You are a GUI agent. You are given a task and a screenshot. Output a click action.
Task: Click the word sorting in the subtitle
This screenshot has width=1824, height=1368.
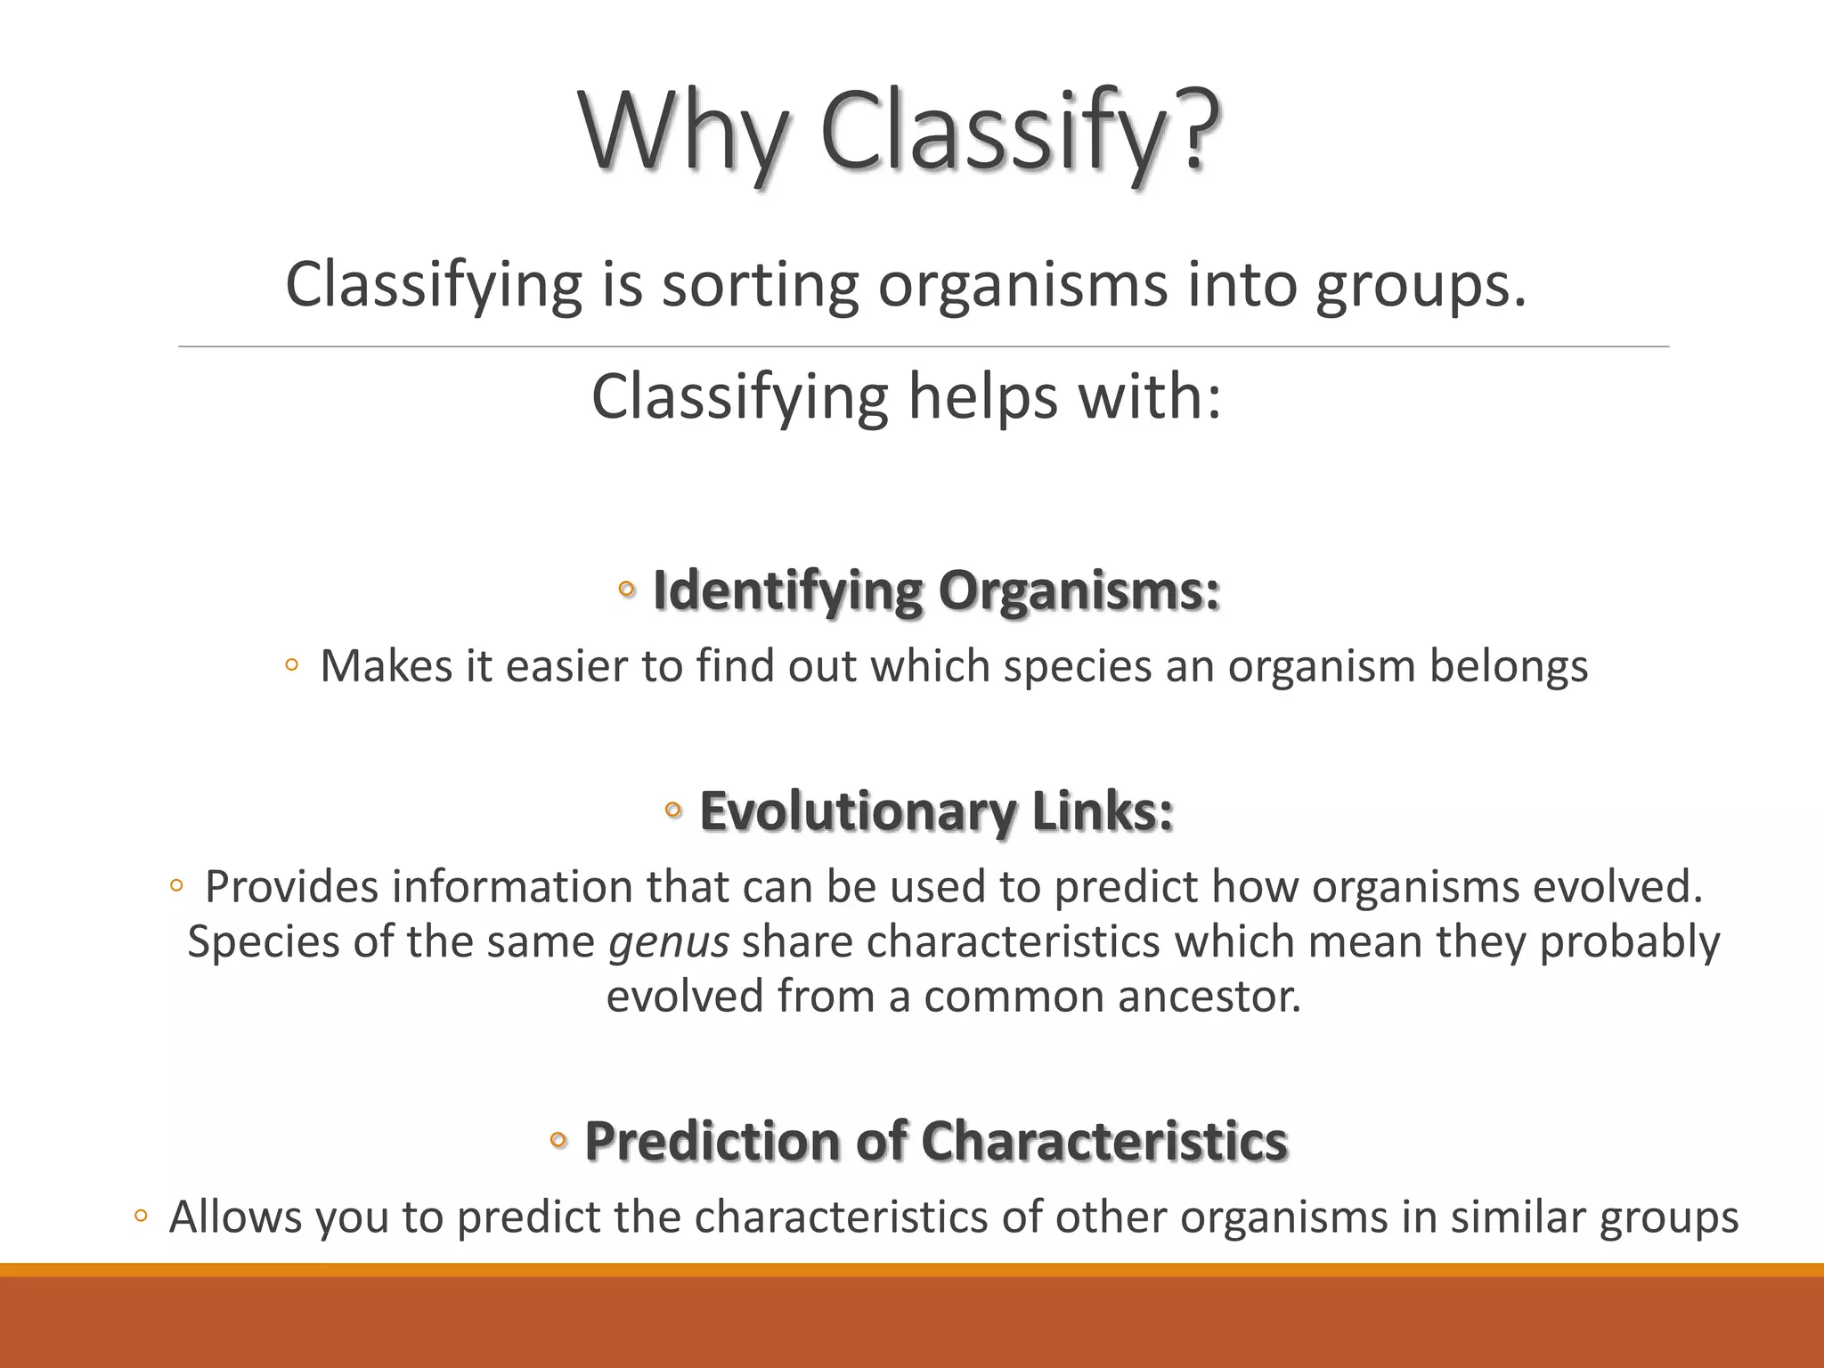759,285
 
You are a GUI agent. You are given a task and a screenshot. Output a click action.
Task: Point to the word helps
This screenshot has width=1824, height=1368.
982,396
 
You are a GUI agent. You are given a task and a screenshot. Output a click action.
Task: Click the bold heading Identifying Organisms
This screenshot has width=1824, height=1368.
935,590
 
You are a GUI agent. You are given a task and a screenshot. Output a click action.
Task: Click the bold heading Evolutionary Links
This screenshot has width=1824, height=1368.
935,811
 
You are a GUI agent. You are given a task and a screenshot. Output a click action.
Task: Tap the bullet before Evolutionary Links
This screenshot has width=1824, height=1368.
673,810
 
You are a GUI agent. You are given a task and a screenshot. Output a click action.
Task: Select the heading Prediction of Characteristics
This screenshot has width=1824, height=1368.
935,1141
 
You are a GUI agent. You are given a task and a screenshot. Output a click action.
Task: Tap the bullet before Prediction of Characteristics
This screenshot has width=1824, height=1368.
558,1139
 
